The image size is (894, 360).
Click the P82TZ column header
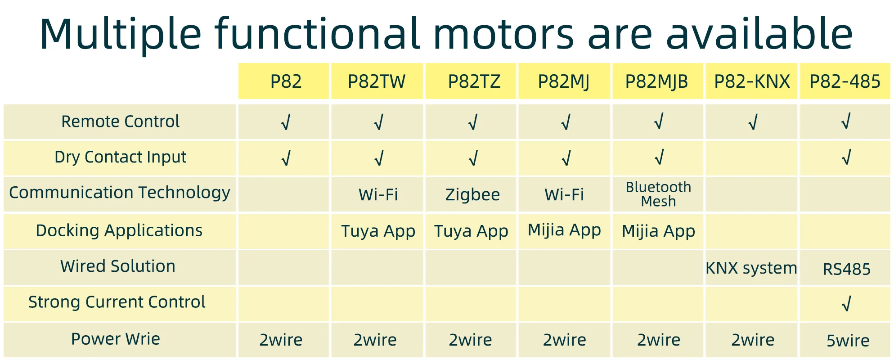click(x=474, y=81)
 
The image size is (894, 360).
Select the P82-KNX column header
click(x=752, y=81)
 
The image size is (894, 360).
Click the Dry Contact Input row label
click(x=120, y=157)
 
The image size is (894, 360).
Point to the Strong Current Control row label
click(x=117, y=301)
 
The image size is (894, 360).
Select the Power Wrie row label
click(x=116, y=339)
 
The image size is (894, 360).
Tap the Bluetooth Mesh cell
click(x=658, y=194)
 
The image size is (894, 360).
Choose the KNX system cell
click(x=751, y=268)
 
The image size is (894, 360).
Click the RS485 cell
click(x=846, y=269)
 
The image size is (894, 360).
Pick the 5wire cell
click(x=848, y=341)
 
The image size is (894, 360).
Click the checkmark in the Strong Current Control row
click(x=846, y=304)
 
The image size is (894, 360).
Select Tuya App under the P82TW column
click(x=378, y=231)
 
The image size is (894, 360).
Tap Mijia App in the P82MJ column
click(x=564, y=230)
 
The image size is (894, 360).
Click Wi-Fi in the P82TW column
click(x=378, y=194)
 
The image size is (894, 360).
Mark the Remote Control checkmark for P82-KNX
click(x=752, y=121)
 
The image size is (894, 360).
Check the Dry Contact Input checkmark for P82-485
click(x=846, y=157)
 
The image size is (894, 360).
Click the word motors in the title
click(x=503, y=34)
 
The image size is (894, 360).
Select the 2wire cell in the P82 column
click(x=281, y=340)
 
